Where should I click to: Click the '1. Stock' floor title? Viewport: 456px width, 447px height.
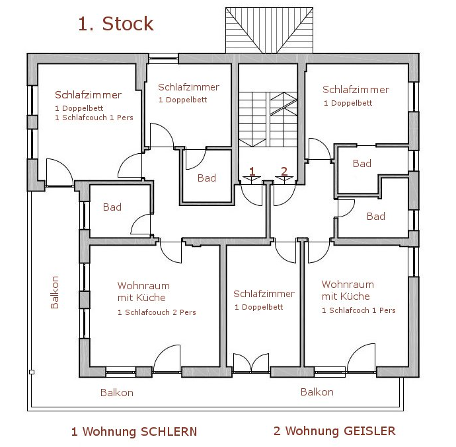[x=116, y=24]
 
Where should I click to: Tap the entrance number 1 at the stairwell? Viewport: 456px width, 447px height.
[x=252, y=172]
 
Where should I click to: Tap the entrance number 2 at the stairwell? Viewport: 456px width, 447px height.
[x=284, y=172]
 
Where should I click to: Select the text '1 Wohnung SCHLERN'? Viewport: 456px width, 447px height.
[x=134, y=432]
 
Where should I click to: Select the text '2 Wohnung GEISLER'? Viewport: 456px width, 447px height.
[x=334, y=431]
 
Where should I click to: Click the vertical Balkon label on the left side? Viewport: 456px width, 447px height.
[x=55, y=292]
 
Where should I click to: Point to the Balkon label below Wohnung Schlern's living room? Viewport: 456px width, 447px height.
[x=117, y=392]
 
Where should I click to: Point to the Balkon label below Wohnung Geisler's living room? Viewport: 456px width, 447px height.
[x=317, y=392]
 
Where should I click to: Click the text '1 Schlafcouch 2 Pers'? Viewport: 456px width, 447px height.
[x=157, y=312]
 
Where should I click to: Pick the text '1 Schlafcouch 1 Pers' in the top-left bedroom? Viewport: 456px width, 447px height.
[x=94, y=118]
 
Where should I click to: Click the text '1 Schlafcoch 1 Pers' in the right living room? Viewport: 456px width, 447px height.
[x=358, y=310]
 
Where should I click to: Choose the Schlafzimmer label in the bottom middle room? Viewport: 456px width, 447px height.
[x=264, y=294]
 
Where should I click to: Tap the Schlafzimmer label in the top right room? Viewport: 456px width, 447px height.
[x=356, y=90]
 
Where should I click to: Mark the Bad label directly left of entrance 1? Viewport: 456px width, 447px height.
[x=207, y=178]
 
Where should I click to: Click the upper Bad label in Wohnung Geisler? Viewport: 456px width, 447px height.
[x=362, y=163]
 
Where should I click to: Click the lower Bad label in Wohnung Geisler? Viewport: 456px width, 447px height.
[x=375, y=216]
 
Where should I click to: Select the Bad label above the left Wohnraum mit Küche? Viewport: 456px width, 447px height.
[x=112, y=207]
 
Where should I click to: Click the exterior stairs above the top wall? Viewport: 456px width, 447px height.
[x=269, y=30]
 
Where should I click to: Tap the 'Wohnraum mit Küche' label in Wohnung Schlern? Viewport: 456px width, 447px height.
[x=143, y=292]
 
